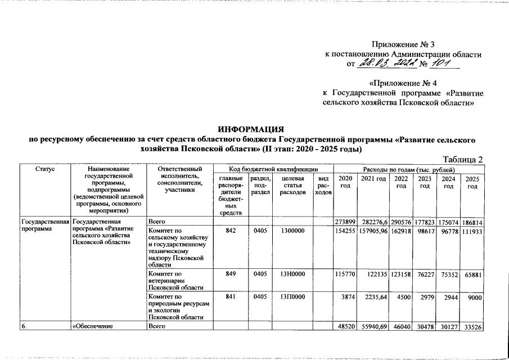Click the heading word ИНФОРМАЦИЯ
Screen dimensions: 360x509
[253, 129]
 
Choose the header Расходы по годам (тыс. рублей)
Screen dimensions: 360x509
[409, 169]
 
